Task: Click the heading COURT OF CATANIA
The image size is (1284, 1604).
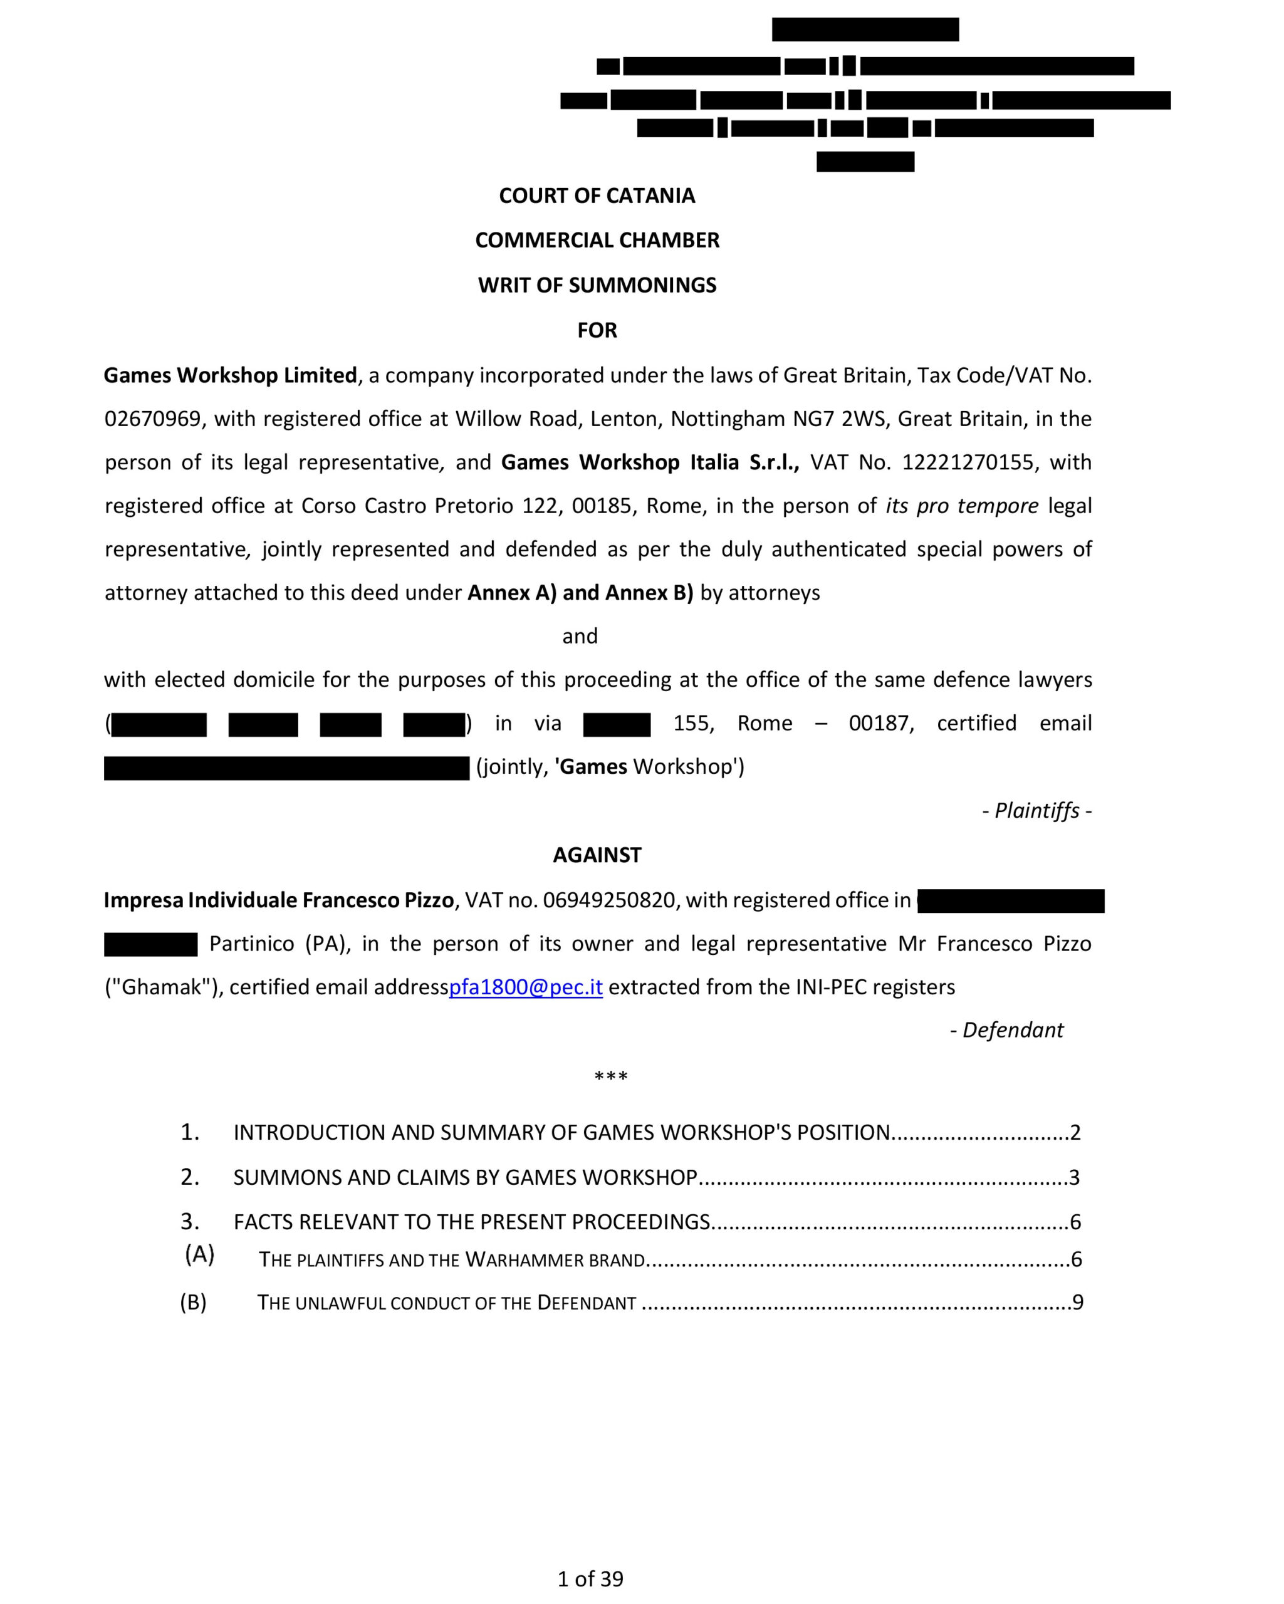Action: tap(597, 195)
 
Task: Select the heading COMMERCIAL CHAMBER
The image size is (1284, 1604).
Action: tap(597, 241)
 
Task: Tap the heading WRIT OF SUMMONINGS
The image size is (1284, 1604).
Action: tap(597, 285)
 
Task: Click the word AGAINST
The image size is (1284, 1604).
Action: tap(597, 855)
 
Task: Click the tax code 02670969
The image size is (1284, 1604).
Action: tap(152, 419)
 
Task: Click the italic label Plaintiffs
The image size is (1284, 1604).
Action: tap(1036, 810)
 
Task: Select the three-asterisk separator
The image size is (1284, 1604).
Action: tap(611, 1076)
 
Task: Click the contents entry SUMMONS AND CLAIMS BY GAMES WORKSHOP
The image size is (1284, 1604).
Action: tap(465, 1177)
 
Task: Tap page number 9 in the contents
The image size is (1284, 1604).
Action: tap(1077, 1302)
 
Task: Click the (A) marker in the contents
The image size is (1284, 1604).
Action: tap(199, 1254)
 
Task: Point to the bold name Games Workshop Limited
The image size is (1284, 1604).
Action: tap(230, 375)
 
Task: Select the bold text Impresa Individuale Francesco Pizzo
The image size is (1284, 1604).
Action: tap(278, 900)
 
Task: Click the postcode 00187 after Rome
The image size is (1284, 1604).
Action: tap(880, 723)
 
